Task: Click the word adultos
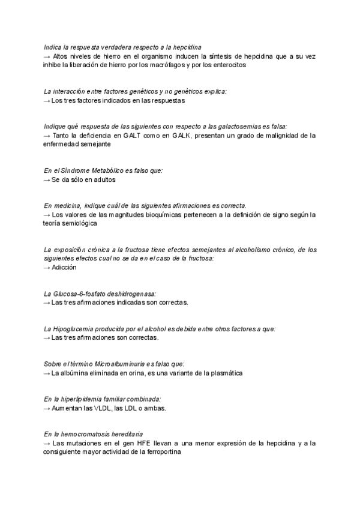pyautogui.click(x=102, y=179)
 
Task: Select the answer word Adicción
pyautogui.click(x=64, y=267)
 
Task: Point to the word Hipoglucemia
pyautogui.click(x=73, y=329)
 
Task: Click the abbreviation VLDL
pyautogui.click(x=103, y=408)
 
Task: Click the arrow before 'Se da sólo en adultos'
pyautogui.click(x=47, y=179)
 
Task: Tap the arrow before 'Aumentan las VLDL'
pyautogui.click(x=47, y=408)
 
